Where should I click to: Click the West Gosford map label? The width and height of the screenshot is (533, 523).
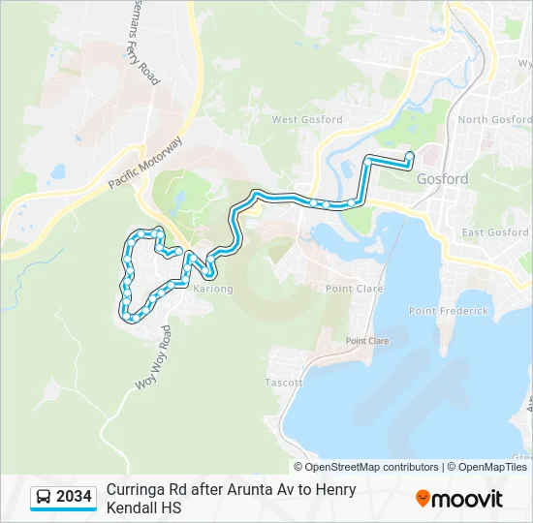pos(307,120)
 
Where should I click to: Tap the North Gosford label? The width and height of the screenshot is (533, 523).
pos(494,120)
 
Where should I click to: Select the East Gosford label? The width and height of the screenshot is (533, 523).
pos(495,232)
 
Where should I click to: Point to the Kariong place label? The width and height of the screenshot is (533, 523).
pos(213,289)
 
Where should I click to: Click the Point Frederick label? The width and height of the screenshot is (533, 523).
pos(448,311)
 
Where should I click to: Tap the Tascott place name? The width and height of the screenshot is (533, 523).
pos(284,383)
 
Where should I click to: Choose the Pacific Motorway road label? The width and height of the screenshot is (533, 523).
pos(144,163)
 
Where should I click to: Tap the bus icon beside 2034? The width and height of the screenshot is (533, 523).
pos(44,498)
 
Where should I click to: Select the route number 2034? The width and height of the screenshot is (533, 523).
pos(75,498)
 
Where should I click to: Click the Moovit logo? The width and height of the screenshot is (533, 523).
pos(459,499)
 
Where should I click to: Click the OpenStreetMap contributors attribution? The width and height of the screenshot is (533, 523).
pos(372,467)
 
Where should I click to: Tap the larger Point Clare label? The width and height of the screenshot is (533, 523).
pos(354,289)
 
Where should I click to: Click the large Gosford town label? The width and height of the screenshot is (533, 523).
pos(442,179)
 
